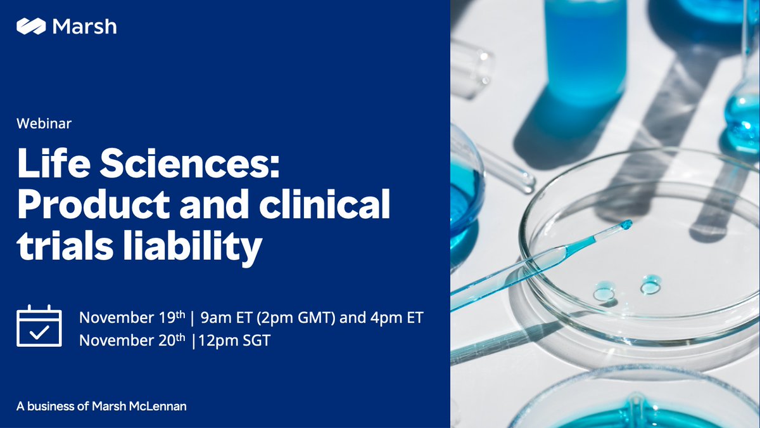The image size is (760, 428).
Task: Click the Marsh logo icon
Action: [x=30, y=27]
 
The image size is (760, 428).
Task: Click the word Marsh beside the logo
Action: [x=84, y=27]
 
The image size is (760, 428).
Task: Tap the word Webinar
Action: [x=44, y=124]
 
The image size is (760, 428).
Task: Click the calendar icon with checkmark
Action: [x=39, y=326]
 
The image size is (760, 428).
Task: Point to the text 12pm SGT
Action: [x=234, y=340]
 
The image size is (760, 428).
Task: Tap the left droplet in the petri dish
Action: [x=604, y=293]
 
